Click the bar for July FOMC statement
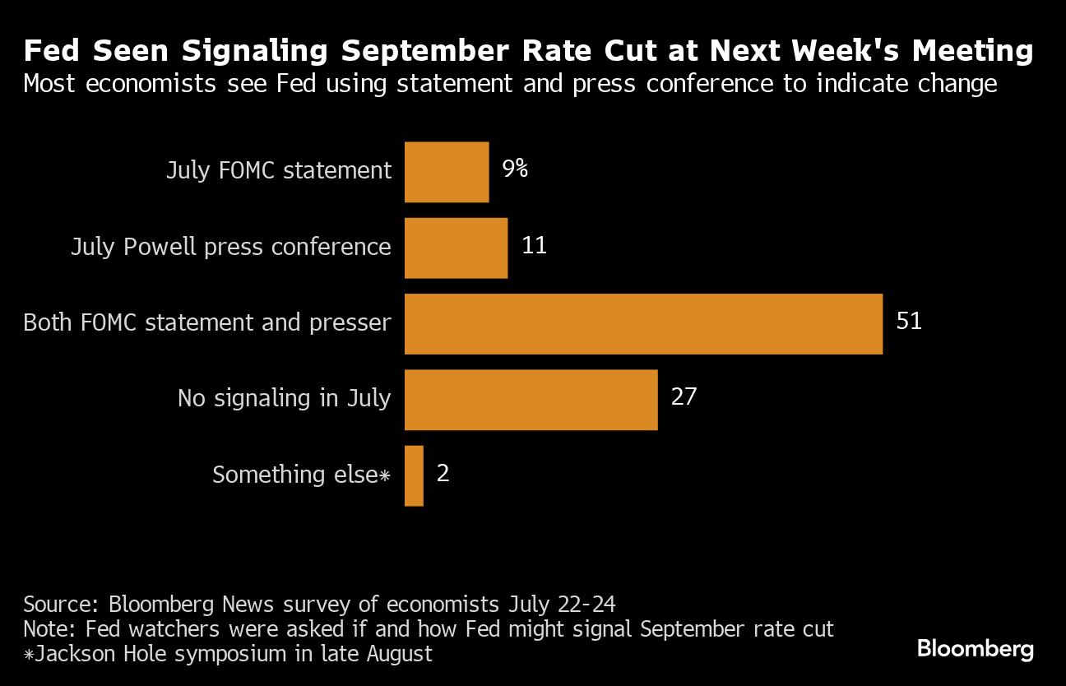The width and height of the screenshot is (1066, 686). pos(447,171)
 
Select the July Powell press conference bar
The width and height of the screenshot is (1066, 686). pos(456,248)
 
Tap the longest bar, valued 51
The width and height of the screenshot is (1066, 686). pos(643,323)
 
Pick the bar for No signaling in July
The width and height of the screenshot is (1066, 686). pos(531,400)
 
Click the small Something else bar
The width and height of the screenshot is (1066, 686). pos(414,475)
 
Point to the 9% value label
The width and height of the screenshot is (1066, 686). pos(515,169)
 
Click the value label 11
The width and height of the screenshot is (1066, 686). pos(534,246)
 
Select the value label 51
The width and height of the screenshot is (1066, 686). pos(909,322)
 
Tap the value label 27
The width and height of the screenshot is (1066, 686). pos(684,398)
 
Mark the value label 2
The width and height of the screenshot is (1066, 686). pos(443,475)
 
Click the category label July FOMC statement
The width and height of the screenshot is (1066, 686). pos(279,171)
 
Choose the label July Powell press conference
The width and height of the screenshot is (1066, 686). pos(231,247)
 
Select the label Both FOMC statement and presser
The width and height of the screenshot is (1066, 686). pos(207,322)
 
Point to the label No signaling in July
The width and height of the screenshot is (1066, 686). pos(285,399)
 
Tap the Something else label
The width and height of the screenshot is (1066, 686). pos(300,475)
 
